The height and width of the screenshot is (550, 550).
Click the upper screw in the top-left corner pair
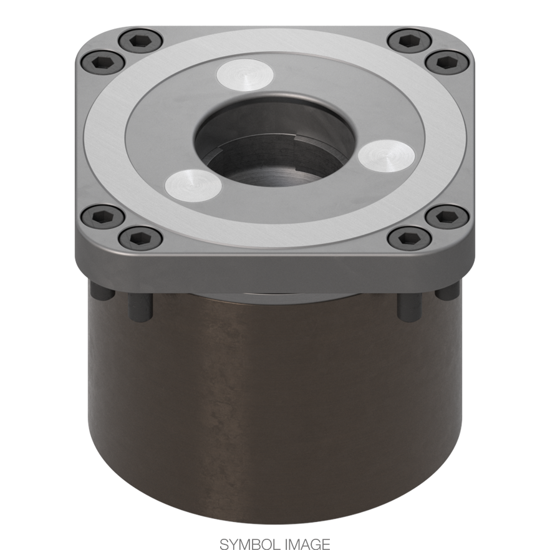tap(140, 42)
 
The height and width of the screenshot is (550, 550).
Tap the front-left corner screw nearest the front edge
tap(140, 238)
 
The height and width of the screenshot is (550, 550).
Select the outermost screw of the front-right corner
tap(445, 218)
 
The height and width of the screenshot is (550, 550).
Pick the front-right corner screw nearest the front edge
tap(408, 238)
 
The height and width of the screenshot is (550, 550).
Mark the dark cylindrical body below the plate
tap(274, 405)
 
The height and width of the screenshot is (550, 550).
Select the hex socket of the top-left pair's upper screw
tap(140, 42)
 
